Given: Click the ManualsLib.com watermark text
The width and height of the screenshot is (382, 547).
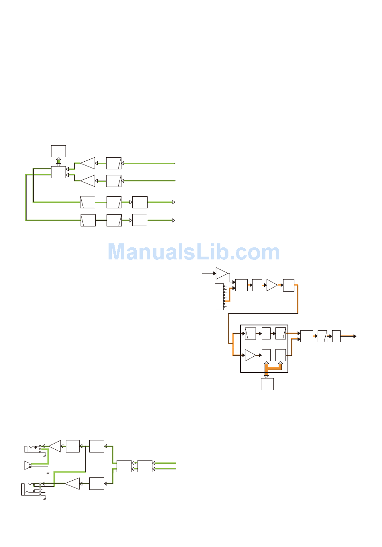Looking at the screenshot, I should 193,252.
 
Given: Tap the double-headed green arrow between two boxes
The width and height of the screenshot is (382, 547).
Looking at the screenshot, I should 58,161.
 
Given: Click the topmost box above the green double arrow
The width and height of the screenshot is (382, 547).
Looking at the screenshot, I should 58,151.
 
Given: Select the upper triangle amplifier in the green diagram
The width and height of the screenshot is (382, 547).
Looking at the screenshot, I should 88,163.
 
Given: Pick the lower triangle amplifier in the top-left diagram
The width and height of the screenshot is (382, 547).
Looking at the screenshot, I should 88,181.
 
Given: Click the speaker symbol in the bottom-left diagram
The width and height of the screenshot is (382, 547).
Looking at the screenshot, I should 28,465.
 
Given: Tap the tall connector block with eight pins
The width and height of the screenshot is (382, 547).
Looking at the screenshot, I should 219,297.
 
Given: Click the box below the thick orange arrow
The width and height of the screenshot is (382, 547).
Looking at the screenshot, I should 267,384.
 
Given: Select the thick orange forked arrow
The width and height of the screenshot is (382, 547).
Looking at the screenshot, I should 273,368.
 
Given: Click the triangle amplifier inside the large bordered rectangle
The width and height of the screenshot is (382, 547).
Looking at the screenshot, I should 250,356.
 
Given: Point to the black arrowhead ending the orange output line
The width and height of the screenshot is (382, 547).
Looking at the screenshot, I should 355,336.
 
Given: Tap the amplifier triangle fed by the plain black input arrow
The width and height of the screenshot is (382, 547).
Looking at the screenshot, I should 222,273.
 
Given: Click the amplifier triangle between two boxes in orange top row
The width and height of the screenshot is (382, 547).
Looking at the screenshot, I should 272,285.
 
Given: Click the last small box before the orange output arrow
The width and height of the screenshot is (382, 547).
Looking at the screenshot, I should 336,336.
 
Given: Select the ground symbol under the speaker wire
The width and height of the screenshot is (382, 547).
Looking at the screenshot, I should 48,473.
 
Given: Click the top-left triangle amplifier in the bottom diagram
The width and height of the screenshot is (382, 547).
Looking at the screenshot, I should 55,446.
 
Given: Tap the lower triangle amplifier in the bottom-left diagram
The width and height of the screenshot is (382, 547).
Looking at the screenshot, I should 73,483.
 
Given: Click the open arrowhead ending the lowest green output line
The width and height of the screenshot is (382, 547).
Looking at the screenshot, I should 174,220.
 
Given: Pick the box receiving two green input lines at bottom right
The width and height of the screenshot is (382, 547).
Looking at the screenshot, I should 145,466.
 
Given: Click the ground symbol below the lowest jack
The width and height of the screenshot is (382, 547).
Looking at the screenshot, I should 45,499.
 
